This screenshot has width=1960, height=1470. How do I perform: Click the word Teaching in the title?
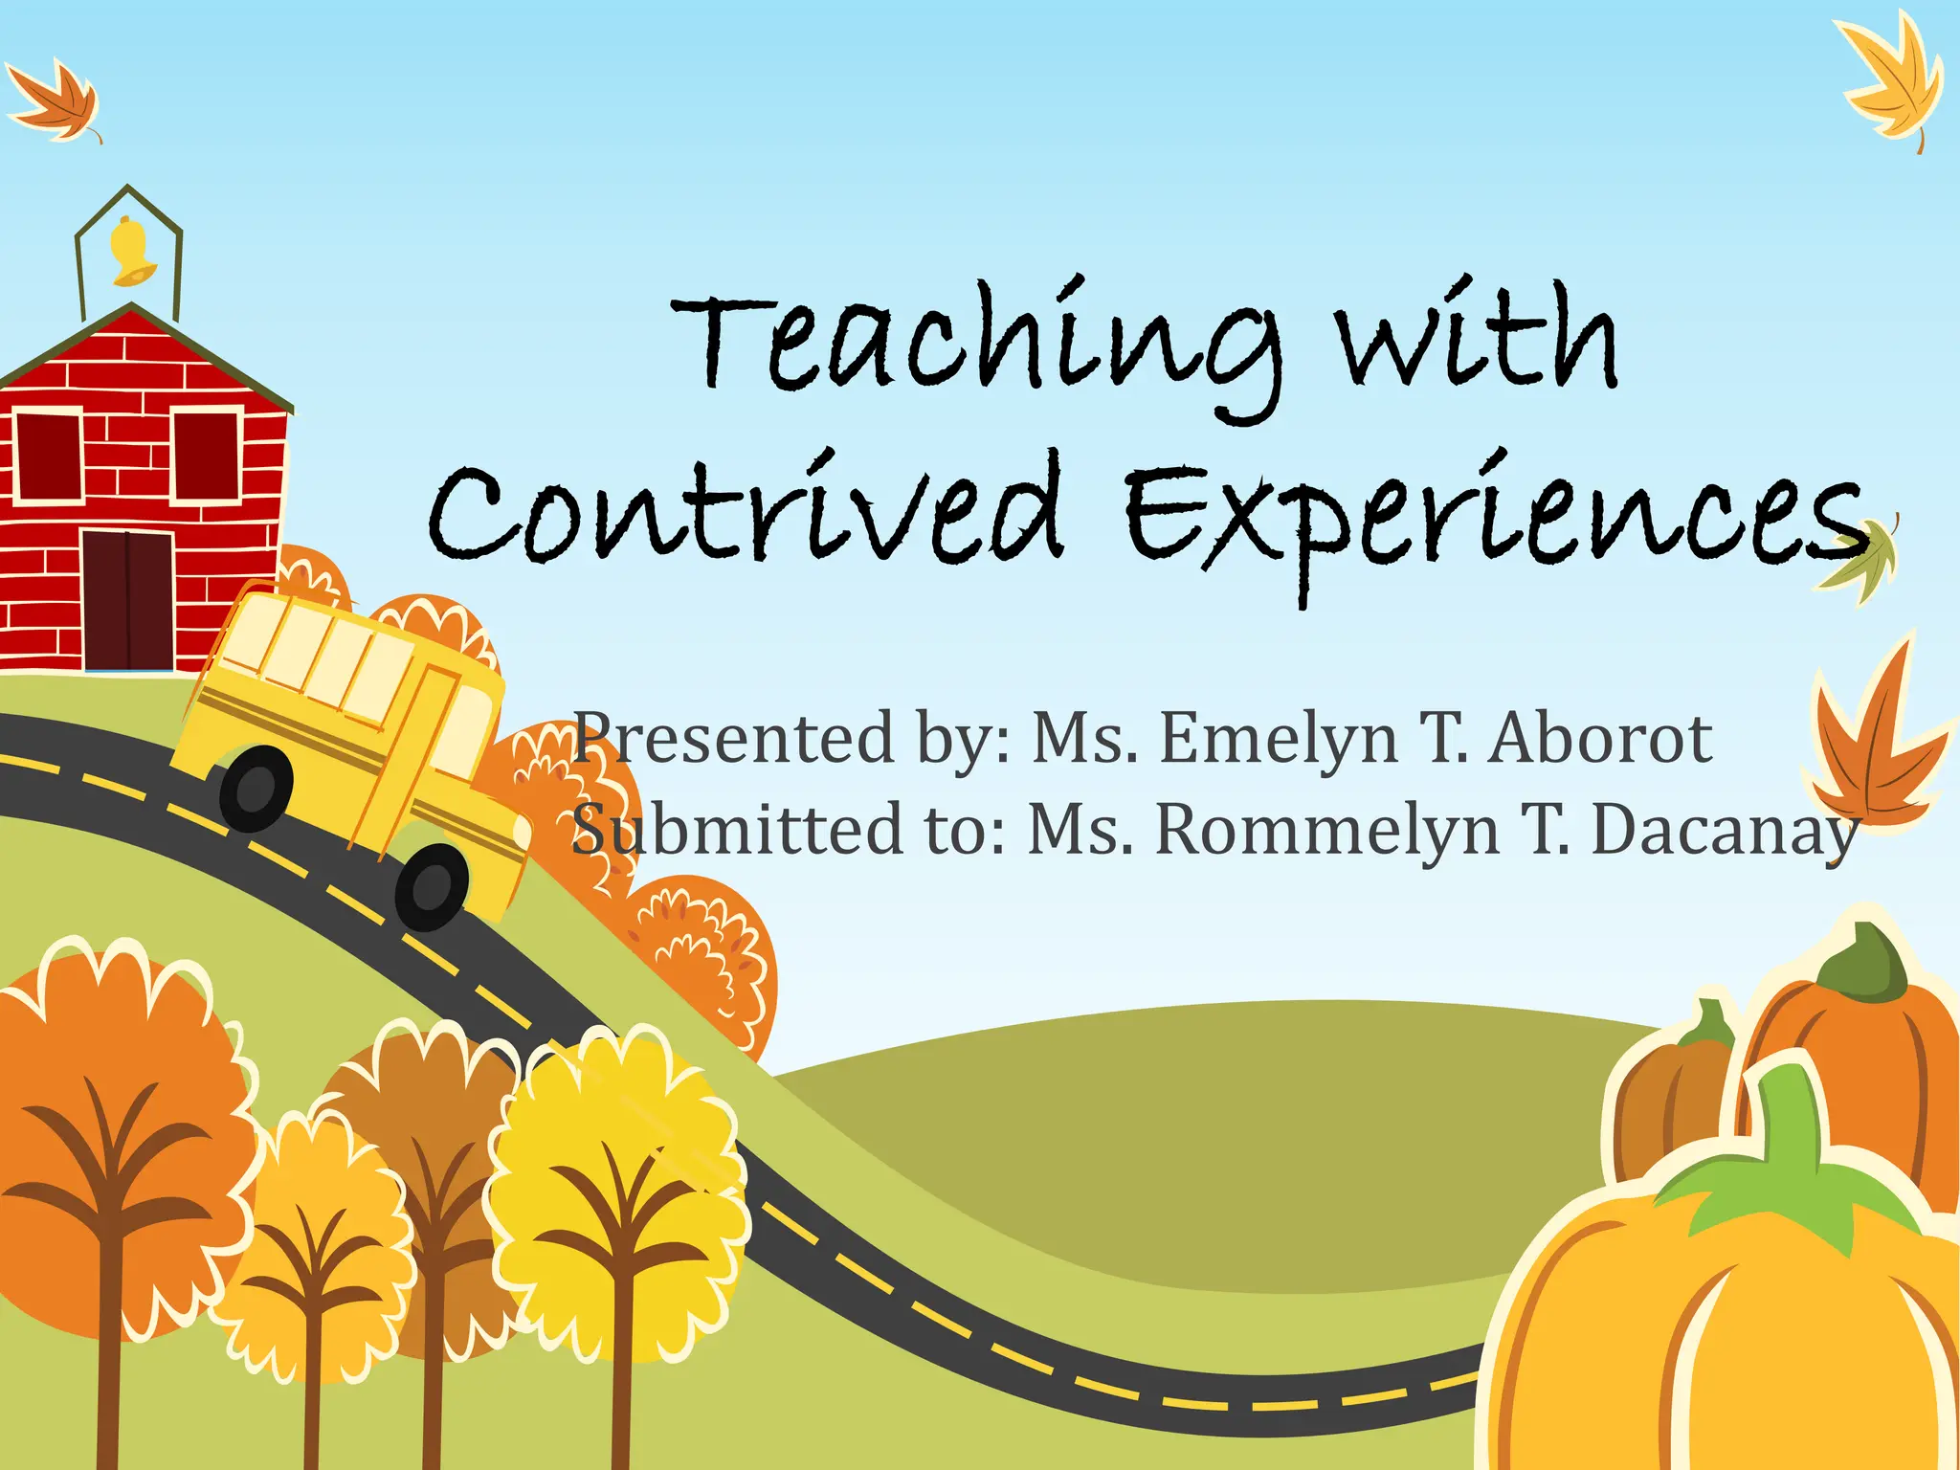[976, 345]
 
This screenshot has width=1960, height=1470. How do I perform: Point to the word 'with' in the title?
[1479, 340]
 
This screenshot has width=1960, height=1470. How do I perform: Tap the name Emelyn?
[1278, 739]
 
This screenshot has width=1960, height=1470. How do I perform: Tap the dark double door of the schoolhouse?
[128, 601]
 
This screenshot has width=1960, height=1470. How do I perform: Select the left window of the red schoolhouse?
[48, 455]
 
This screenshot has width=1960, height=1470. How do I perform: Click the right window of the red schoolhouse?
[206, 455]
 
